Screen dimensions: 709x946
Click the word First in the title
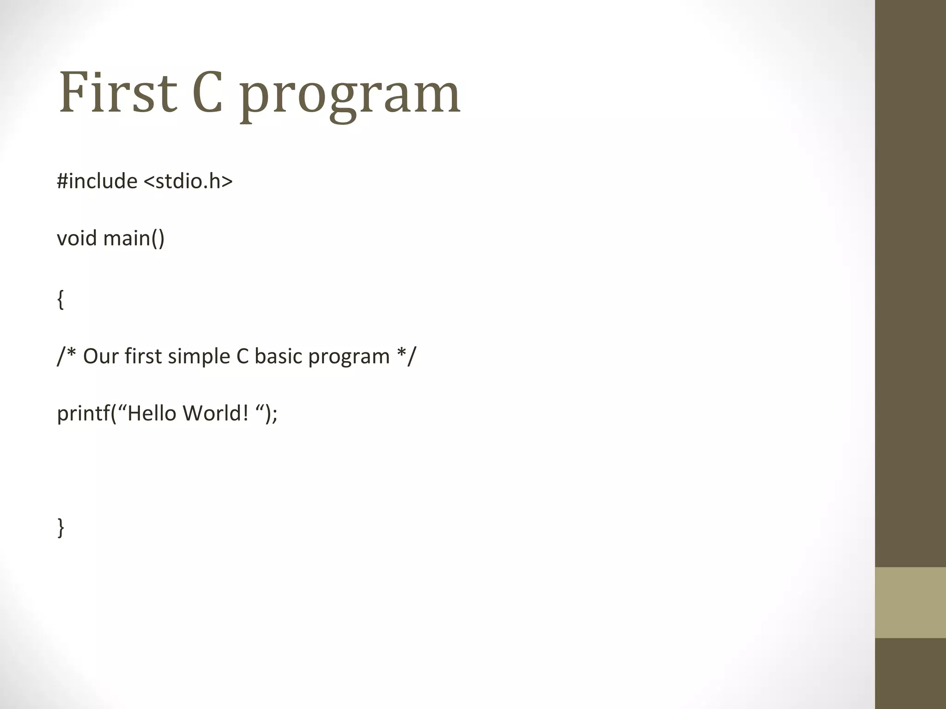pos(118,92)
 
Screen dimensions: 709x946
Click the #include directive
pos(97,181)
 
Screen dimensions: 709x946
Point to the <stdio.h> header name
pos(188,181)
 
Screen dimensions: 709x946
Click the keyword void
pos(77,238)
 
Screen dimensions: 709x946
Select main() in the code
pos(134,239)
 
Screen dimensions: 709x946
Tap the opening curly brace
pos(61,300)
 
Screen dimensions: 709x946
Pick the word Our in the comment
pos(101,356)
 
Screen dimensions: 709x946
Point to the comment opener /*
pos(67,355)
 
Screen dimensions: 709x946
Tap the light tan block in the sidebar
pos(910,602)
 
